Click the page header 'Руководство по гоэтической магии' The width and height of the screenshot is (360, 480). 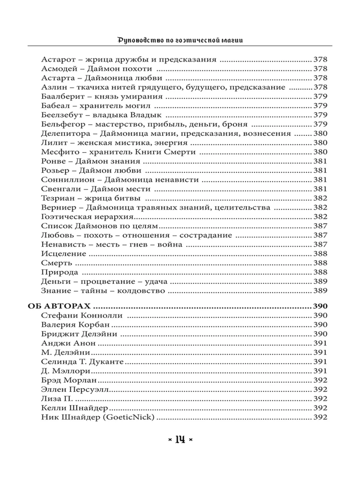pyautogui.click(x=180, y=39)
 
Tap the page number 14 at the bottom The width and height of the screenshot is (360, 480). pyautogui.click(x=180, y=439)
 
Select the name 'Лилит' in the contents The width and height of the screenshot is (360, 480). pyautogui.click(x=52, y=143)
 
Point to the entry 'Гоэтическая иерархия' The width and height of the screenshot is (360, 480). pyautogui.click(x=78, y=217)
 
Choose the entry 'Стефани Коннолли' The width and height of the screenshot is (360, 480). pyautogui.click(x=82, y=315)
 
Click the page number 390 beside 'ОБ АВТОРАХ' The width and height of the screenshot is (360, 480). pyautogui.click(x=320, y=306)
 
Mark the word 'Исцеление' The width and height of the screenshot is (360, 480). pyautogui.click(x=64, y=254)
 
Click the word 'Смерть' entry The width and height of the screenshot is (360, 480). pyautogui.click(x=57, y=263)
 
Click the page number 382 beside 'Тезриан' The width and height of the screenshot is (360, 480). pyautogui.click(x=320, y=198)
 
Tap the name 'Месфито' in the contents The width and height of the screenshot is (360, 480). pyautogui.click(x=57, y=152)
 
